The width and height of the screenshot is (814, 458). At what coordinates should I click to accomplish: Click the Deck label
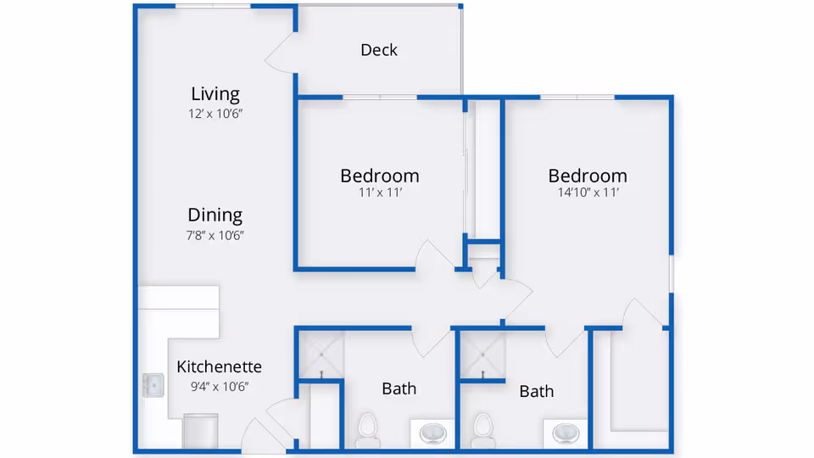[379, 50]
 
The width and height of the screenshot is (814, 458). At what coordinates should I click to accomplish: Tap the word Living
[215, 93]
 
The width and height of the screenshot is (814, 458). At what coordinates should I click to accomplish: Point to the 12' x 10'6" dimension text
[215, 113]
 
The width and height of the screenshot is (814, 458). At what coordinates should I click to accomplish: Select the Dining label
[215, 215]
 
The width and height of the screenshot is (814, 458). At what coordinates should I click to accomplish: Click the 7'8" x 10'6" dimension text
[215, 235]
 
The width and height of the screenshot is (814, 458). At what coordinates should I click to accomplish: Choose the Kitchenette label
[219, 367]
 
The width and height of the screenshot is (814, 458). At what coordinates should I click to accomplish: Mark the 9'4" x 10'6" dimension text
[219, 387]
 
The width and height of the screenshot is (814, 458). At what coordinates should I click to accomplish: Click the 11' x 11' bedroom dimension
[379, 193]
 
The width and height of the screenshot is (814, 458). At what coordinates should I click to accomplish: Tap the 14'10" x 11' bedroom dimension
[588, 193]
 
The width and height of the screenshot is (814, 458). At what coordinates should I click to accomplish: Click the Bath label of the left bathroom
[399, 388]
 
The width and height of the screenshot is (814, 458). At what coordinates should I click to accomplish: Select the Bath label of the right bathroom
[536, 391]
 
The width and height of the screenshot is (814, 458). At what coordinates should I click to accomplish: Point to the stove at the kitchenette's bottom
[201, 431]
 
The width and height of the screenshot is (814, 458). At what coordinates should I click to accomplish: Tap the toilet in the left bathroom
[368, 428]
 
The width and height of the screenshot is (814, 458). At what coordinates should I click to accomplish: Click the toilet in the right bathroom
[483, 428]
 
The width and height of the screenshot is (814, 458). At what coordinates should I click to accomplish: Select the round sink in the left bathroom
[434, 433]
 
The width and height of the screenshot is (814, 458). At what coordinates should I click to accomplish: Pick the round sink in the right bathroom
[566, 433]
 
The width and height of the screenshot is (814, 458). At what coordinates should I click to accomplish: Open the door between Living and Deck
[280, 59]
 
